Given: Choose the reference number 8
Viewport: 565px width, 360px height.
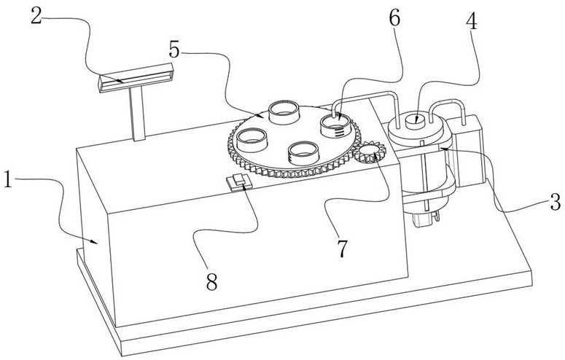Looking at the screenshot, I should pyautogui.click(x=212, y=282).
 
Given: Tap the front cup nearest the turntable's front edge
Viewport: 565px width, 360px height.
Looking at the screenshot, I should pyautogui.click(x=303, y=152).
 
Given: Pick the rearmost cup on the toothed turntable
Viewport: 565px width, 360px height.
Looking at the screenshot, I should pyautogui.click(x=283, y=111).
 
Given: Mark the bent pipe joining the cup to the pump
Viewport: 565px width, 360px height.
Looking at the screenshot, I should pyautogui.click(x=365, y=96).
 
